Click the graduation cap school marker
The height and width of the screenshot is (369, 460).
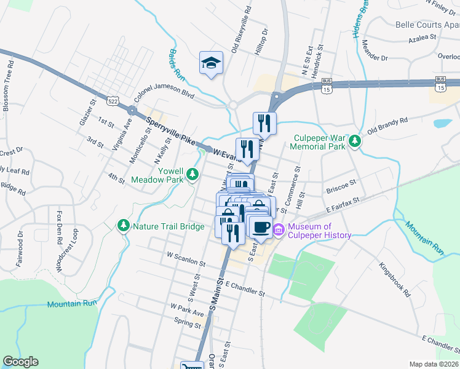[x=211, y=63]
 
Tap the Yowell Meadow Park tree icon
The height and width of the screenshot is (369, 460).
[x=192, y=175]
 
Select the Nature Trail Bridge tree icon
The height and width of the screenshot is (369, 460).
[x=124, y=226]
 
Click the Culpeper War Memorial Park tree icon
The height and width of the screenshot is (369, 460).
[x=354, y=142]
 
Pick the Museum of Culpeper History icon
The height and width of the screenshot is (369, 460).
[x=279, y=231]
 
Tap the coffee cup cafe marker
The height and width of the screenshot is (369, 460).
[x=261, y=226]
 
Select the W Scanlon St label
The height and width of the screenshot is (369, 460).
[x=186, y=258]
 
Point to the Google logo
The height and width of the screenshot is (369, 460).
[x=20, y=362]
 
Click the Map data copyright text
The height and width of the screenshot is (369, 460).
[x=434, y=364]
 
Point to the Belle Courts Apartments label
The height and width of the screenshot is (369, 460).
[x=428, y=25]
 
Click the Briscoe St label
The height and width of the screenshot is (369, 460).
[x=341, y=183]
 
